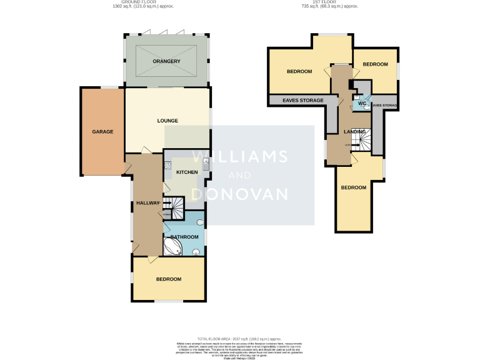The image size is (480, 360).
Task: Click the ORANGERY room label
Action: point(166,61)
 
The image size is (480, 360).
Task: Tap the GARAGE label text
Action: point(102,132)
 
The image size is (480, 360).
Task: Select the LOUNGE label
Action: point(167,121)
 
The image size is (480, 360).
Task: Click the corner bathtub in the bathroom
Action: point(172,249)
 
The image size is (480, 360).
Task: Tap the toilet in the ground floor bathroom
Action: point(196,252)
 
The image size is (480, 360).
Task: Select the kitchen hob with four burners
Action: point(167,166)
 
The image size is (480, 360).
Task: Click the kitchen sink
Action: point(205,166)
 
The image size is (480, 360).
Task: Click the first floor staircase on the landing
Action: point(362,138)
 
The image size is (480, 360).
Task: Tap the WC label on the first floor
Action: point(362,104)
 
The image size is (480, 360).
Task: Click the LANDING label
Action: point(354,131)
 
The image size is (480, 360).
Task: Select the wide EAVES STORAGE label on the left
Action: point(303,101)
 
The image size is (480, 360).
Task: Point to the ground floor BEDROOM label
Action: point(168,279)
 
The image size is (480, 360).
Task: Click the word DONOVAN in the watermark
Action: point(239,194)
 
